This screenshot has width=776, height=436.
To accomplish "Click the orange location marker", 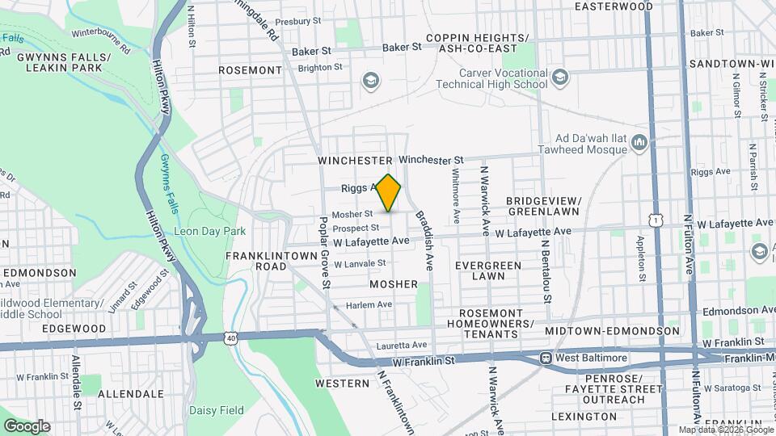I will (x=388, y=193).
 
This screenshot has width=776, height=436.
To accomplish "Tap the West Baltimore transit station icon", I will (x=546, y=357).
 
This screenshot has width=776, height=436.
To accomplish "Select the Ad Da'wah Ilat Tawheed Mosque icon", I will (x=639, y=143).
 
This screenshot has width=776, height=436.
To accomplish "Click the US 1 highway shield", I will (x=654, y=220).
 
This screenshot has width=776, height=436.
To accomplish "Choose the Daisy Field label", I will (x=216, y=409).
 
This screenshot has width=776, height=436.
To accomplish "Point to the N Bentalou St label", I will (x=546, y=270).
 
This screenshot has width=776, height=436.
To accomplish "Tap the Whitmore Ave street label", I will (x=456, y=195).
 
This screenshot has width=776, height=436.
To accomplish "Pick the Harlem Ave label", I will (x=369, y=304).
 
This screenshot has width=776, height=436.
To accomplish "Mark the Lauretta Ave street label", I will (x=402, y=345).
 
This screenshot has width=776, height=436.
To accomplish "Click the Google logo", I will (x=27, y=426).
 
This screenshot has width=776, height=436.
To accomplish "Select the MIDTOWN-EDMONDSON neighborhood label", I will (x=612, y=331).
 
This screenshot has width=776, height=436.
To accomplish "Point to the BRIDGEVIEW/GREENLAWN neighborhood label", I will (x=543, y=206).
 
